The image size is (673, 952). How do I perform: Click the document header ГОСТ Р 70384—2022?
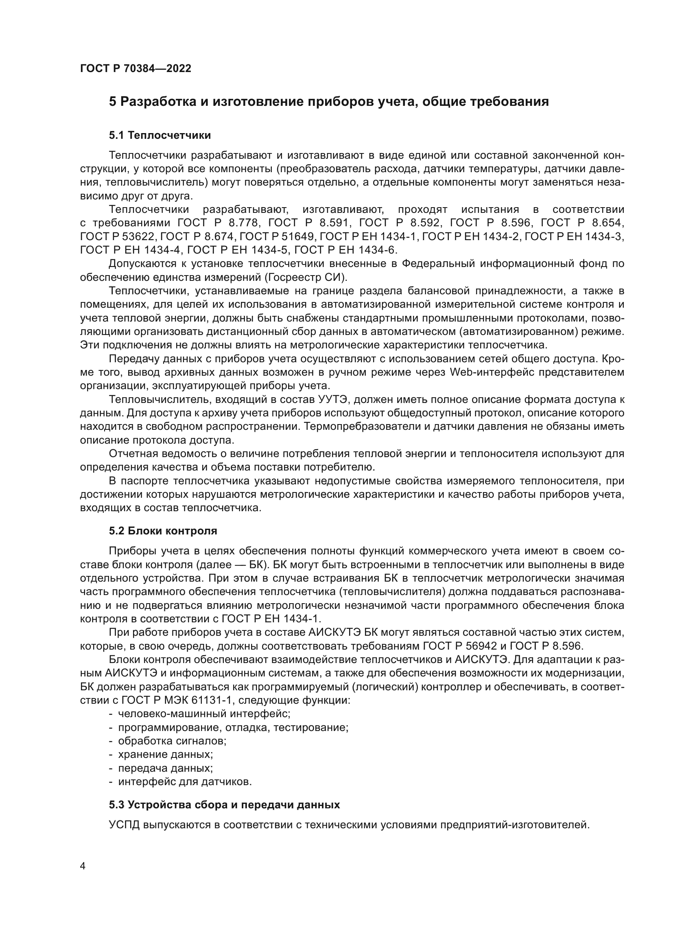click(x=135, y=69)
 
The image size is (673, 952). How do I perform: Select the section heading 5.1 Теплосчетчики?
click(x=160, y=135)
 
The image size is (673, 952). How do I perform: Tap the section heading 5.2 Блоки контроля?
click(x=163, y=531)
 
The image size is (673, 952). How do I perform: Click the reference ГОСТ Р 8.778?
click(x=219, y=223)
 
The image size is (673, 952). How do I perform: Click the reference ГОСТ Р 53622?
click(x=118, y=237)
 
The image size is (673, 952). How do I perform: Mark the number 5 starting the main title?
click(x=113, y=102)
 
